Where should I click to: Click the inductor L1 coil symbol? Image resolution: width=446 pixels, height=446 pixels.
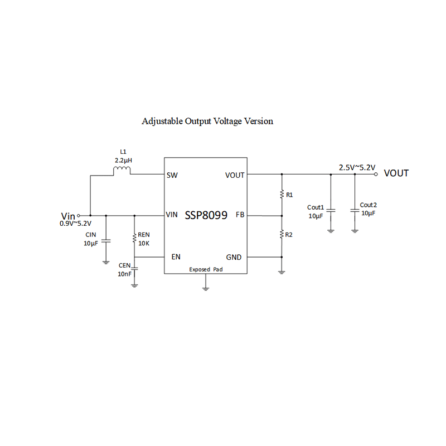pos(122,171)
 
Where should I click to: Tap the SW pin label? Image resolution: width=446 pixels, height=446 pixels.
pos(172,175)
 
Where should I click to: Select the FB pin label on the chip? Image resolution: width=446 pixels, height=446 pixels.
pos(240,215)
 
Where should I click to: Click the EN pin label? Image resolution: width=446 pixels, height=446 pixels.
pos(176,257)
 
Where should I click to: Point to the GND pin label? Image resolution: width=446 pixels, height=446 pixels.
pos(234,257)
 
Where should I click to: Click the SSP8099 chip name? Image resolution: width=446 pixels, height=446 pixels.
pos(206,215)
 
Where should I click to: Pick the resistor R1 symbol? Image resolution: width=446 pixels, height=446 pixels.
pos(282,195)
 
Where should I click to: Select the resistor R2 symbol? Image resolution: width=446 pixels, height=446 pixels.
pos(282,235)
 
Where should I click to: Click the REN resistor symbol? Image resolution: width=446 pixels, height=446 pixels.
pos(134,238)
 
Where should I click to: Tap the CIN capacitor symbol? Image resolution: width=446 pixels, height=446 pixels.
pos(106,241)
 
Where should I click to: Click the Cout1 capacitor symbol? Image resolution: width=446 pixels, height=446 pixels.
pos(331,211)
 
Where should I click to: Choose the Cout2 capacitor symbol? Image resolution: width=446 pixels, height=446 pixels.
pos(355,211)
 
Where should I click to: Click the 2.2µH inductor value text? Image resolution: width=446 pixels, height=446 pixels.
pos(123,160)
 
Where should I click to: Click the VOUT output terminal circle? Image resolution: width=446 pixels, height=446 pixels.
pos(376,174)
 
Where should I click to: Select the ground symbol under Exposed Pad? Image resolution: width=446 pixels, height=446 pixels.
pos(206,288)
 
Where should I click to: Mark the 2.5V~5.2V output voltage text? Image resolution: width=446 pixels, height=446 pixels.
pos(357,167)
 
